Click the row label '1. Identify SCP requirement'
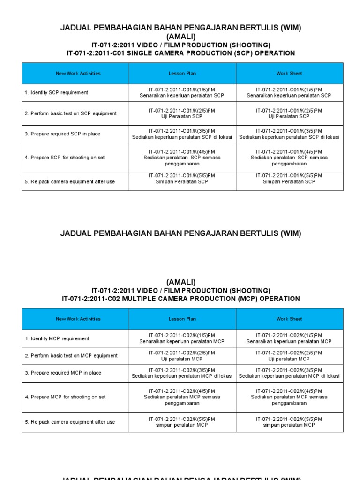[x=56, y=93]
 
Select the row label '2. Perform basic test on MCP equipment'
[x=71, y=356]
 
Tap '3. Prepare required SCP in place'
[x=62, y=134]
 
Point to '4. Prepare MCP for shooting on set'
[x=65, y=397]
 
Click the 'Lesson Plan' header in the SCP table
[x=182, y=74]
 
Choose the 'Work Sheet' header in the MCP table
[x=289, y=319]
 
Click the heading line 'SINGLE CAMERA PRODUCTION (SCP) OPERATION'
[x=181, y=53]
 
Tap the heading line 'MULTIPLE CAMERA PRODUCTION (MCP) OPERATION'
[x=181, y=299]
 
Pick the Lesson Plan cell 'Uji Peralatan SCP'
[x=182, y=113]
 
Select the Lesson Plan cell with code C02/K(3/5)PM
[x=182, y=373]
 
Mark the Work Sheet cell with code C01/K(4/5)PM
[x=289, y=157]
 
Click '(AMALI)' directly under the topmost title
[x=181, y=37]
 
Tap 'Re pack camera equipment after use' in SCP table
[x=70, y=182]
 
